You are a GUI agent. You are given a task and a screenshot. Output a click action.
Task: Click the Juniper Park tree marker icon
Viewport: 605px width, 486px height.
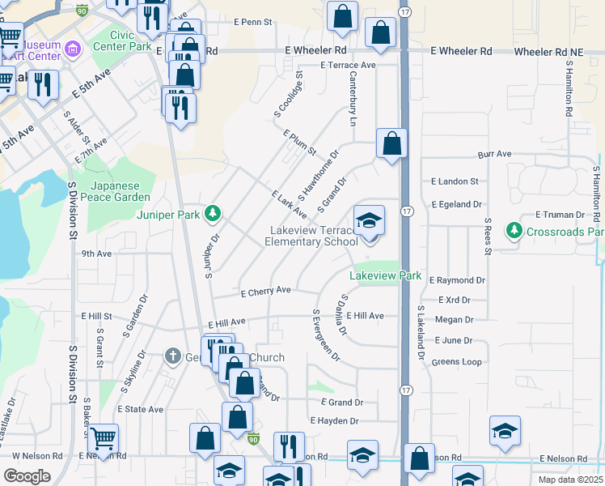coord(213,214)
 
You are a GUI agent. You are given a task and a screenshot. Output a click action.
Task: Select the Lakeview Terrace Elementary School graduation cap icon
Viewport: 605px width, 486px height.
coord(368,220)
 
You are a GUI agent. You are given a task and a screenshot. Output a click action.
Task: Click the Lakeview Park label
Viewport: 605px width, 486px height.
coord(386,276)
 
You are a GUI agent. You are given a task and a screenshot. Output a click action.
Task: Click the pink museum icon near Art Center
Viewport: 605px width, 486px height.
coord(73,50)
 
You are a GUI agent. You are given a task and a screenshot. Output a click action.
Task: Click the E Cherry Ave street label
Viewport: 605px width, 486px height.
coord(264,291)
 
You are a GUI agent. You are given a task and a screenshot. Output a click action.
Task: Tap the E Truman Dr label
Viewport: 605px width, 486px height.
coord(560,215)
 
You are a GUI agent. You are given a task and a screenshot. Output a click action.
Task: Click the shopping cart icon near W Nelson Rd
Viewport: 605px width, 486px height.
coord(103,438)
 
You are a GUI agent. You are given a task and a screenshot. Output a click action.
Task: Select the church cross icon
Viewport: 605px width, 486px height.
coord(171,356)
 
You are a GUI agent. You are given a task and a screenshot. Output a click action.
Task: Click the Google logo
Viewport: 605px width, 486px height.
coord(27,475)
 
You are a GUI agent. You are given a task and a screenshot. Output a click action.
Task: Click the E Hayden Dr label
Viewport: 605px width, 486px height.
coord(334,421)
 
